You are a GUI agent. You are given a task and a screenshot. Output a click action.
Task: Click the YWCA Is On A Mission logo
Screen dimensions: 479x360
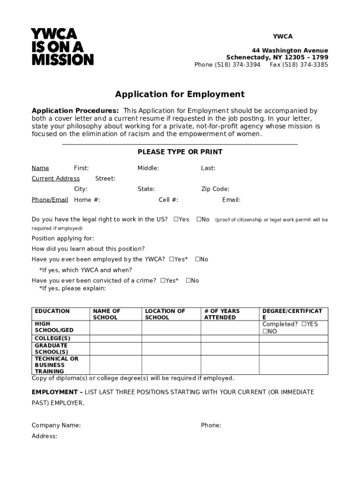click(x=62, y=47)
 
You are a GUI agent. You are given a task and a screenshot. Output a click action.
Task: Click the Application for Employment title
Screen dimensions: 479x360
click(x=180, y=94)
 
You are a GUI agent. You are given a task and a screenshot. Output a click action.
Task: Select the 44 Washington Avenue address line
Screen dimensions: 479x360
click(x=290, y=51)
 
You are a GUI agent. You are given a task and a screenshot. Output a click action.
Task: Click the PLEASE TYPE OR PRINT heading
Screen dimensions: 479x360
click(x=180, y=152)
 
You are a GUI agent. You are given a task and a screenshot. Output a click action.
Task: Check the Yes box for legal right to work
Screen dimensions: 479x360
click(x=176, y=219)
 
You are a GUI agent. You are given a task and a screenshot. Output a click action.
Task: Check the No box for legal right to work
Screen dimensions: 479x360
click(x=199, y=219)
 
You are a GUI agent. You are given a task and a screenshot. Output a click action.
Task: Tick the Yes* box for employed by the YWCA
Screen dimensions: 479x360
click(x=172, y=259)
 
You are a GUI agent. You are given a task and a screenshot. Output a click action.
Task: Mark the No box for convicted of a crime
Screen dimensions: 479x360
click(x=188, y=281)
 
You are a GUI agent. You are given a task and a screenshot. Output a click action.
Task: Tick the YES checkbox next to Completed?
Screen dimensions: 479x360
click(x=304, y=324)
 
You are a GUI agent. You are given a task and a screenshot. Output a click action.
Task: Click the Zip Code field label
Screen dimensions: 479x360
click(x=215, y=189)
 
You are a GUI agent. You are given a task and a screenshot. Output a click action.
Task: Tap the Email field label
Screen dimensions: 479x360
click(x=231, y=200)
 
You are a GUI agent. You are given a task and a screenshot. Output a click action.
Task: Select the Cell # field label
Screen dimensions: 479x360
click(x=168, y=200)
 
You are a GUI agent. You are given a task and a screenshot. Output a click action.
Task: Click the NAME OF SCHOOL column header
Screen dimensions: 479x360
click(x=107, y=314)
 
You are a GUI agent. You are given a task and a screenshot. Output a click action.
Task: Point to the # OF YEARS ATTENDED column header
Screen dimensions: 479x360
click(x=222, y=314)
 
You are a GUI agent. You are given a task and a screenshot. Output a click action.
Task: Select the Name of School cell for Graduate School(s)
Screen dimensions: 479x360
click(x=115, y=349)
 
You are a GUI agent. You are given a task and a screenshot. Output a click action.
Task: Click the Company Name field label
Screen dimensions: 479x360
click(x=56, y=425)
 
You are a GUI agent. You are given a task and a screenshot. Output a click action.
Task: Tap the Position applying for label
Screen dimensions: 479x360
click(x=63, y=238)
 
